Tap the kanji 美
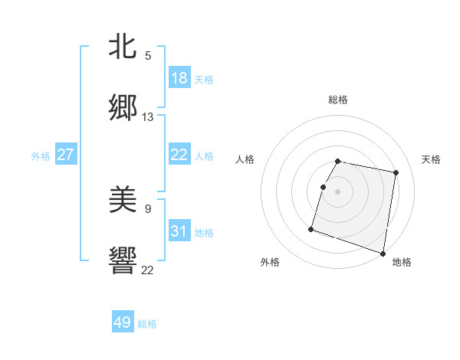(123, 200)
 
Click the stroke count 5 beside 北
(148, 55)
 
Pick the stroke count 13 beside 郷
(148, 117)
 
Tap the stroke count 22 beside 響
(148, 269)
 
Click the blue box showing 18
(179, 78)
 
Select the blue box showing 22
(179, 155)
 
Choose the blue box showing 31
(179, 231)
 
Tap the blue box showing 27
(65, 155)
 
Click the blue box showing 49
(123, 322)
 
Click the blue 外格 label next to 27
(41, 156)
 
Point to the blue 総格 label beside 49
(147, 324)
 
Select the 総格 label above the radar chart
(338, 100)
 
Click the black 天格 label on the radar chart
(432, 159)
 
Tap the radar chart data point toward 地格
(383, 253)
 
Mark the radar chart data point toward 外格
(311, 228)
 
